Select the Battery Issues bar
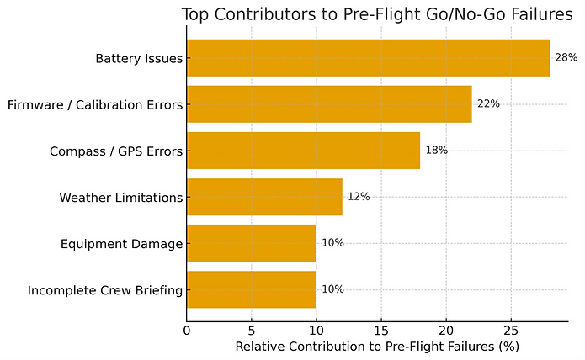[x=368, y=58]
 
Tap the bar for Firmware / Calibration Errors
[x=329, y=104]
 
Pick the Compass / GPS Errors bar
[x=303, y=151]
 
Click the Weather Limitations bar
[x=264, y=197]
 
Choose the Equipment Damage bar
[x=252, y=243]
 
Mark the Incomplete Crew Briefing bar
[x=252, y=289]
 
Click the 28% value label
[x=566, y=58]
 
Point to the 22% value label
[x=488, y=104]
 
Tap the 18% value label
[x=436, y=151]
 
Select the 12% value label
[x=359, y=197]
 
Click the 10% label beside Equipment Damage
[x=332, y=243]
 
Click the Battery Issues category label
[x=139, y=59]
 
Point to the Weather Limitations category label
[x=120, y=198]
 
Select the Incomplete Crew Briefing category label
[x=104, y=290]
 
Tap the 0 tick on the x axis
[x=187, y=331]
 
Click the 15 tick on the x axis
[x=381, y=331]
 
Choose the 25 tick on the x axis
[x=511, y=331]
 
